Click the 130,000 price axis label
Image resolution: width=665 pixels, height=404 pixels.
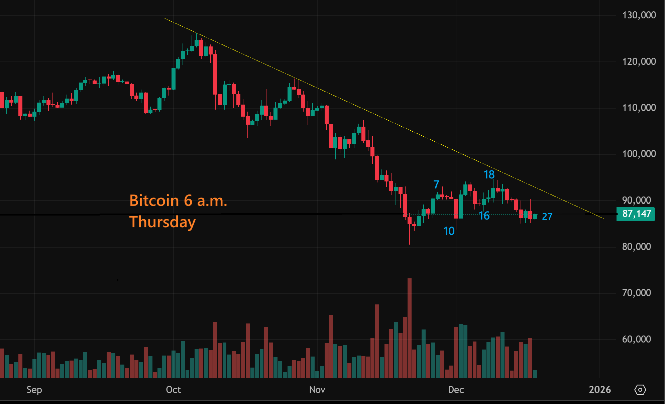639,15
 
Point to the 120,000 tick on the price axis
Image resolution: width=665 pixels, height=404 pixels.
639,61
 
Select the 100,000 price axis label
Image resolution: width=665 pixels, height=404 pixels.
639,154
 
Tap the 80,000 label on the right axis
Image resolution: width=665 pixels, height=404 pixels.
636,247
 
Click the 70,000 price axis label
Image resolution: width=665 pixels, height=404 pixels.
636,293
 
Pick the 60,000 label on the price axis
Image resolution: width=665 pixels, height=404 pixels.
636,339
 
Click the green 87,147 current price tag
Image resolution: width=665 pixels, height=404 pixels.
636,214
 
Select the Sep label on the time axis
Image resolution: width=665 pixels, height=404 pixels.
34,390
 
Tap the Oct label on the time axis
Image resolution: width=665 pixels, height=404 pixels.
173,390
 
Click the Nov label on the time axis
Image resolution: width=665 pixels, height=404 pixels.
317,390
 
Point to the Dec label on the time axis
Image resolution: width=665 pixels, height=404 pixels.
456,390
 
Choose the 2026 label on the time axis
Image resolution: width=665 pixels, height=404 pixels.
599,390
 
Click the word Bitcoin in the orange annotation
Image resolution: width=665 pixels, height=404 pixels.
154,200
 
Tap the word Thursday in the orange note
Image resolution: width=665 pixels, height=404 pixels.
162,222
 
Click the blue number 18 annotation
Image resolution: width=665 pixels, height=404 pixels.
489,174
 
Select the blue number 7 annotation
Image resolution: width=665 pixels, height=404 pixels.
436,184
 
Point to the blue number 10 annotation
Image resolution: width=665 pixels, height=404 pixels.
449,231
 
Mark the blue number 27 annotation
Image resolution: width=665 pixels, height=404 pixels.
547,217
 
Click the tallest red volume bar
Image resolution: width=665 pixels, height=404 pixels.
409,327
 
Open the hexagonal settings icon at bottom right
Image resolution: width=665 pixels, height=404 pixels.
640,390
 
